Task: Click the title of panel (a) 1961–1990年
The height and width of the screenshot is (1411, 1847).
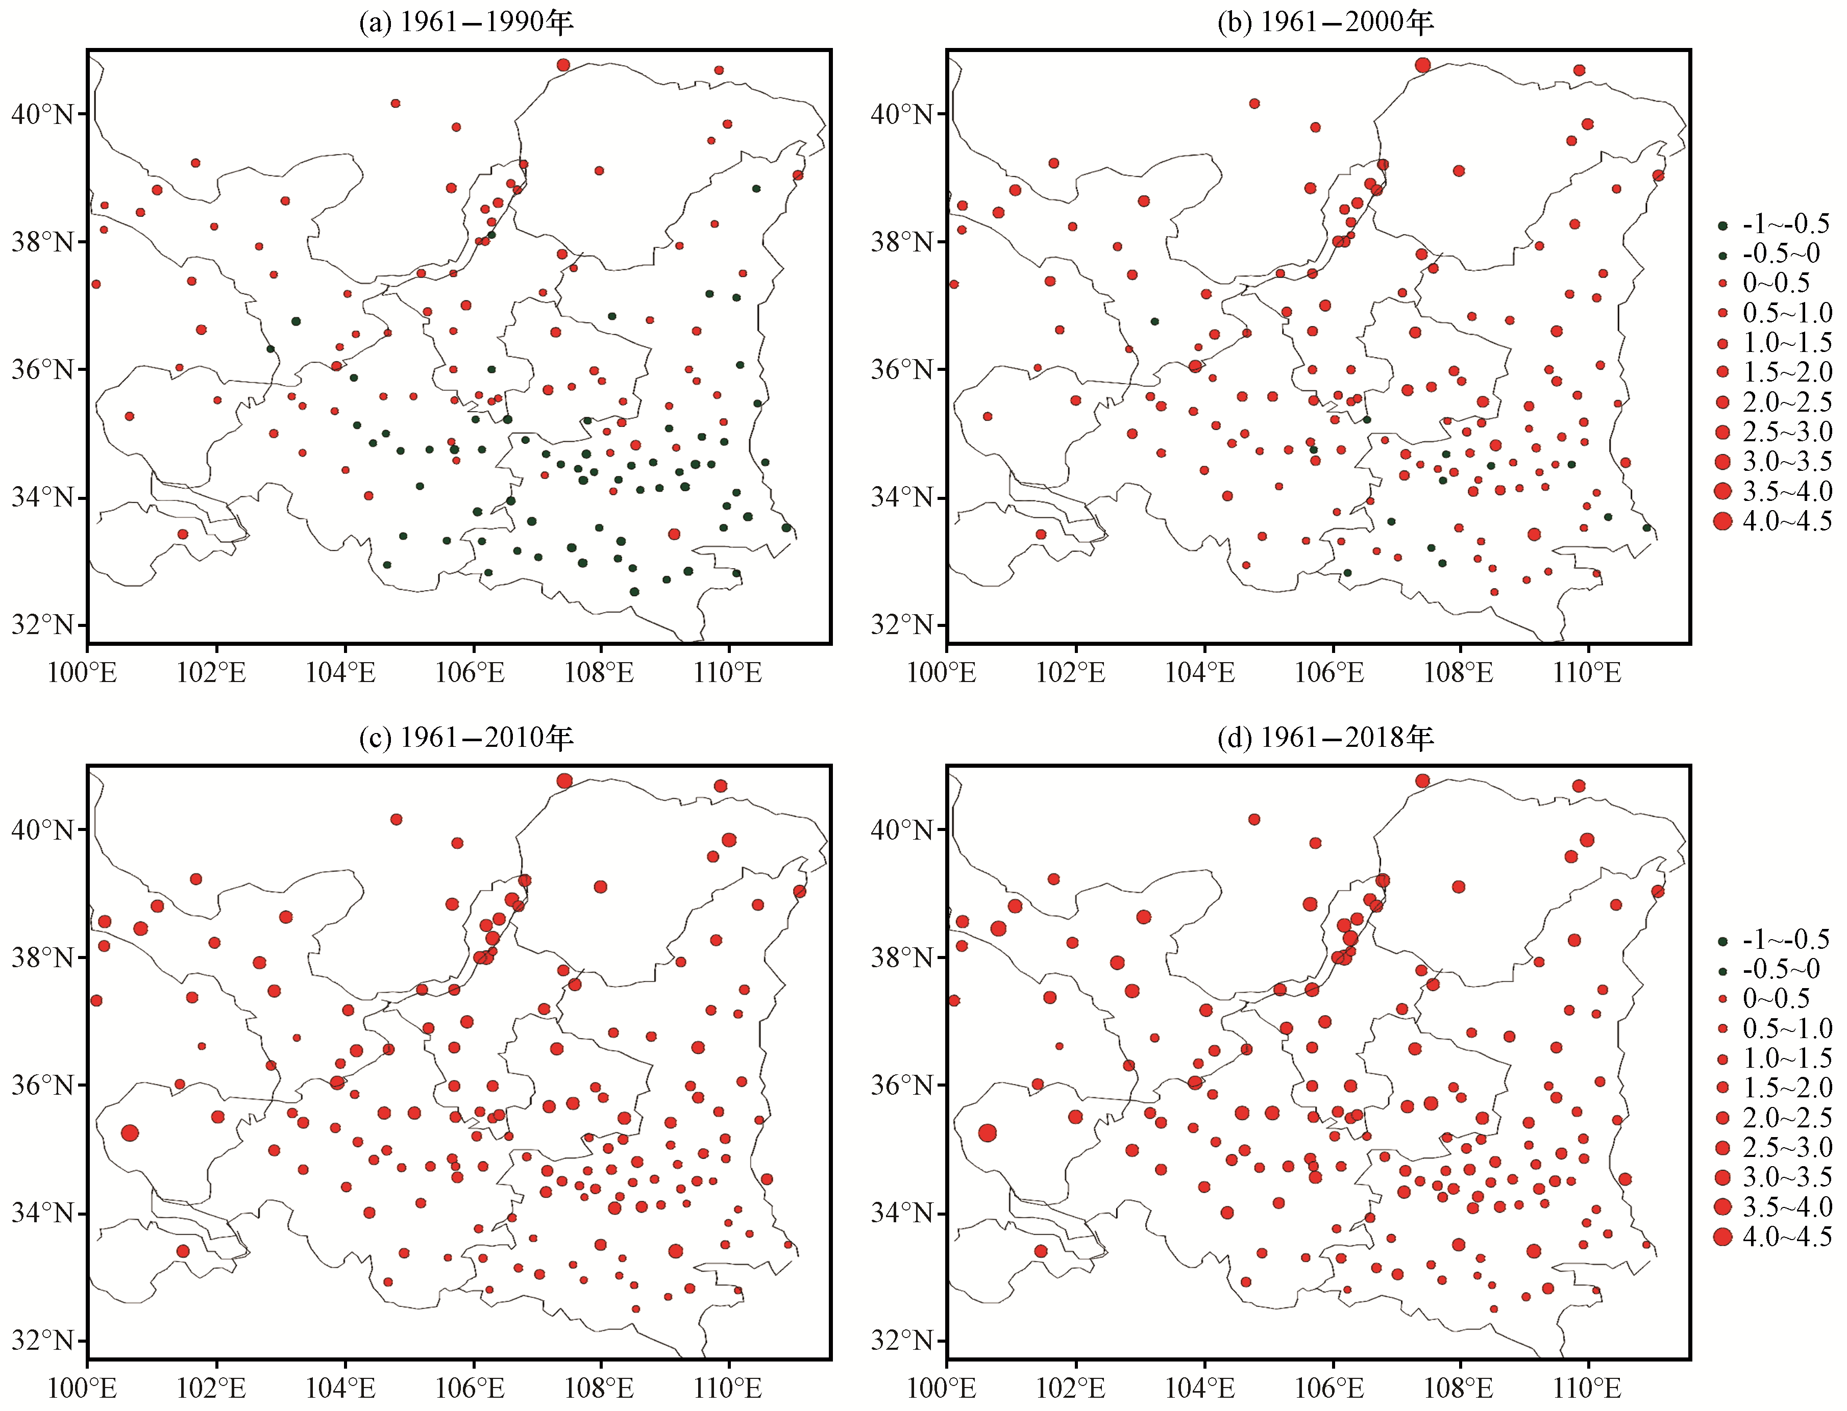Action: tap(465, 22)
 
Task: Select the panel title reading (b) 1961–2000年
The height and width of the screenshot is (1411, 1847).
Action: tap(1325, 22)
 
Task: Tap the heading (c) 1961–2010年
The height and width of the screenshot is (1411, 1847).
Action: tap(465, 738)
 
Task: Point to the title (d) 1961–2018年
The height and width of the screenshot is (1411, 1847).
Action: tap(1325, 738)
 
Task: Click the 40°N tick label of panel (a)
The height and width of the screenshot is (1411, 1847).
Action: tap(42, 114)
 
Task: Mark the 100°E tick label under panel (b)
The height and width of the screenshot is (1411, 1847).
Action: tap(941, 673)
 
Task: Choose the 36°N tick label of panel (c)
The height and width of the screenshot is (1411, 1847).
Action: tap(42, 1085)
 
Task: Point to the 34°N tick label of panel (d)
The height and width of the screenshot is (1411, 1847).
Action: tap(902, 1214)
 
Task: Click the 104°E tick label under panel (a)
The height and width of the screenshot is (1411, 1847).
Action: tap(340, 673)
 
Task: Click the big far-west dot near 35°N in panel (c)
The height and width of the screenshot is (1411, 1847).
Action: tap(130, 1133)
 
